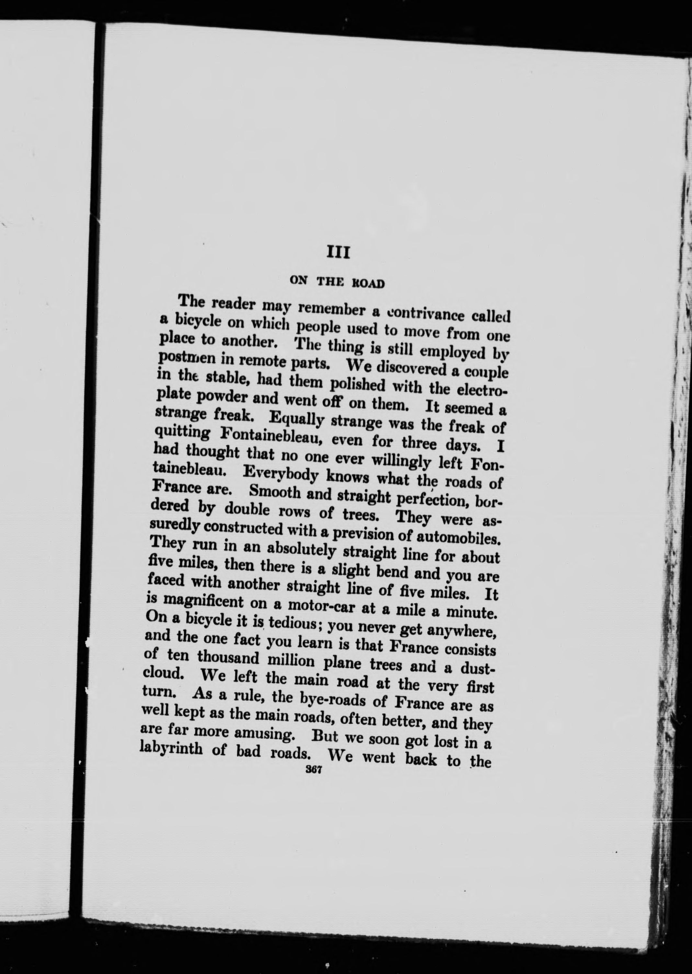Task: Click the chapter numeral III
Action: [337, 253]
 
